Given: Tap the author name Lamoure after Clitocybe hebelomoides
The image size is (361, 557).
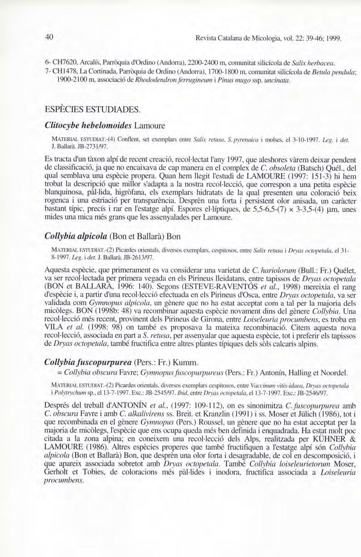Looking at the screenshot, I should point(150,126).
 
